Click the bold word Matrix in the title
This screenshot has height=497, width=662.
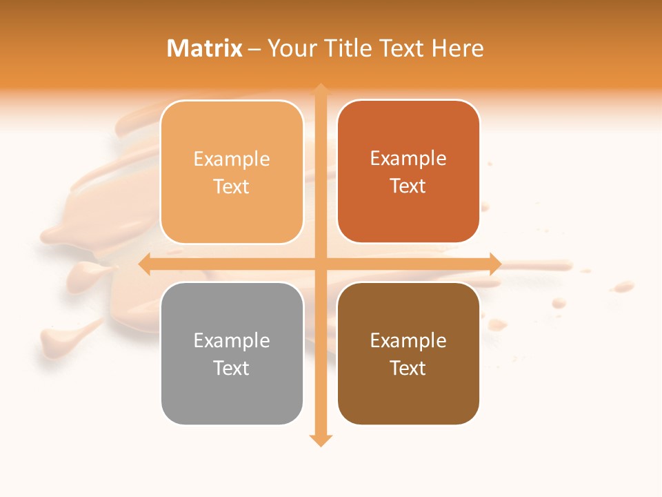(x=205, y=48)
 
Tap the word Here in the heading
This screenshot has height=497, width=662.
(x=457, y=48)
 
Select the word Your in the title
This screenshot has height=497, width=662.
(x=290, y=48)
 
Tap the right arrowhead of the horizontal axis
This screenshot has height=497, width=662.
(x=495, y=264)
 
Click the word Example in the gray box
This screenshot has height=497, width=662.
(x=232, y=340)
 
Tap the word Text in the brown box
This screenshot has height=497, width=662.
(x=408, y=368)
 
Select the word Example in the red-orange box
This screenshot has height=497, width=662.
(x=408, y=158)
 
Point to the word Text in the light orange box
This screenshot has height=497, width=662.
(x=232, y=186)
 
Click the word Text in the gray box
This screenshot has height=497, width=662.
(x=232, y=368)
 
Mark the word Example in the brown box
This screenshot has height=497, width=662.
(x=408, y=340)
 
